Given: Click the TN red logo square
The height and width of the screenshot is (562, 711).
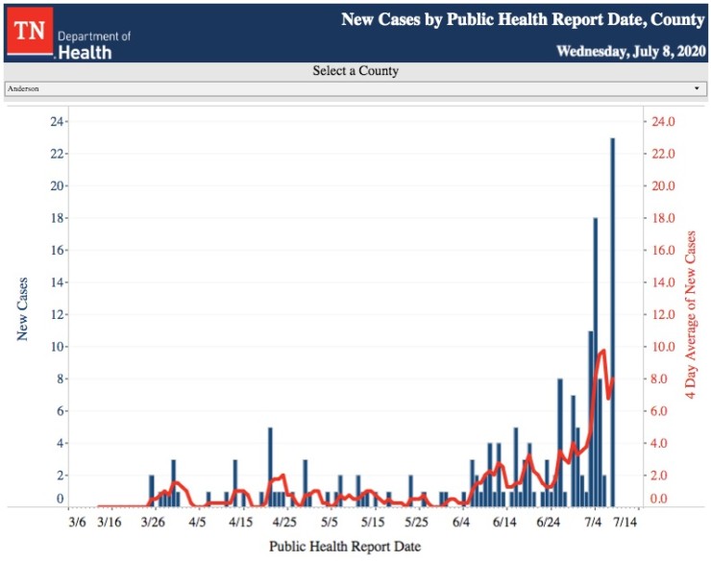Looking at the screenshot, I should coord(30,31).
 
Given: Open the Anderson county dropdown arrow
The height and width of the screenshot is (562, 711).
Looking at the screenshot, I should coord(697,88).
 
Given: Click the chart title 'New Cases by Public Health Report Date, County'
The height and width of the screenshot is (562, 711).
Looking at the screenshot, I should coord(523,19).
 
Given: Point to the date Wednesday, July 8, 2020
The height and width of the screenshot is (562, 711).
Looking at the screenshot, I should coord(631,51).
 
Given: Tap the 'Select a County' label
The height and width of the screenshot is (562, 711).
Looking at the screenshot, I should coord(355,71).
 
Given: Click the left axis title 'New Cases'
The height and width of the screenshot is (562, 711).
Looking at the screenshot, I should coord(22,308).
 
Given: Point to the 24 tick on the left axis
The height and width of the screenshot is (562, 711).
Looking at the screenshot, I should coord(57,122).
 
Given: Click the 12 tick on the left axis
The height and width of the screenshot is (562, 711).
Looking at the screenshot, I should coord(57,314).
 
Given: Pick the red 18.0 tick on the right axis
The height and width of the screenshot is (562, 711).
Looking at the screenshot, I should coord(664,218).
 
